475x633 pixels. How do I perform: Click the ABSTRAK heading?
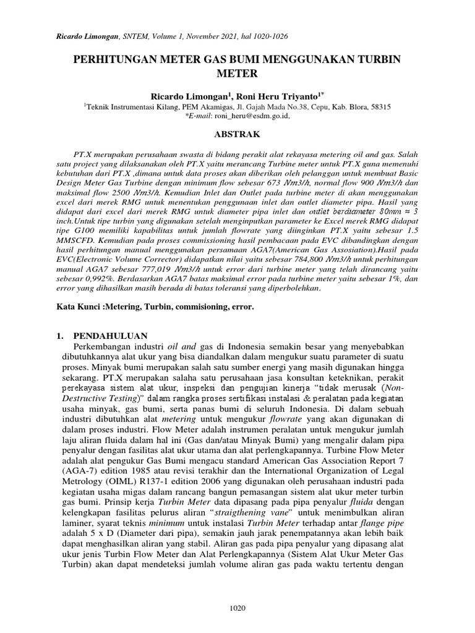[237, 134]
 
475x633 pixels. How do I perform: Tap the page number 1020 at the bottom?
[237, 608]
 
